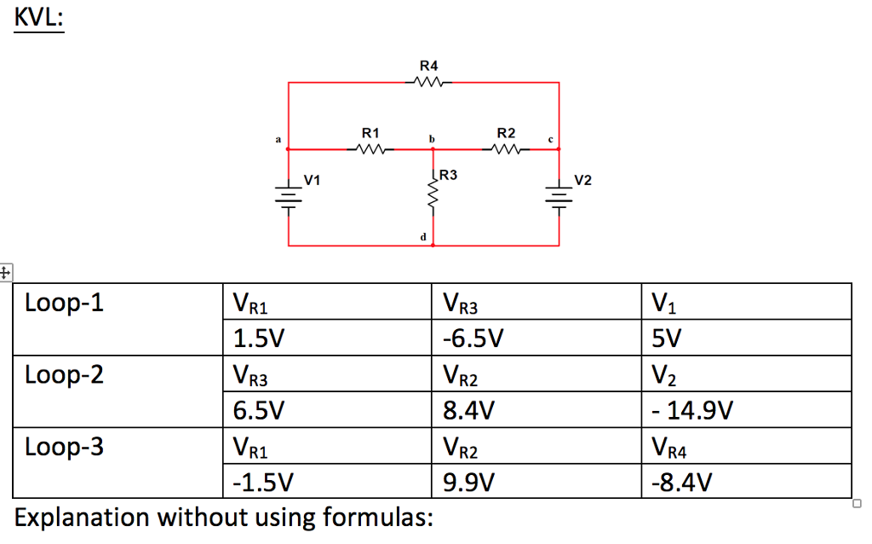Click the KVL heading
point(38,18)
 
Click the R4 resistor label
point(429,66)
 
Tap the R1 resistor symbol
point(371,149)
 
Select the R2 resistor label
point(506,133)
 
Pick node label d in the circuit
point(422,236)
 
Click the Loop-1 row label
point(65,303)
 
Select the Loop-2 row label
point(65,374)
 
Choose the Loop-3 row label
point(65,446)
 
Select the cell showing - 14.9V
point(691,411)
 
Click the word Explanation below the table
point(86,517)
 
